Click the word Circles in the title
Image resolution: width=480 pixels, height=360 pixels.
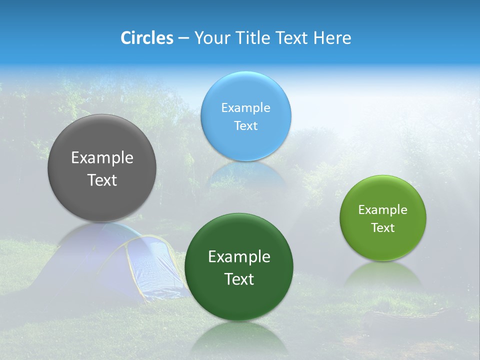tap(146, 38)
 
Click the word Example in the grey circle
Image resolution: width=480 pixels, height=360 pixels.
tap(102, 158)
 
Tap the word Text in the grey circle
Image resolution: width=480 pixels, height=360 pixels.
tap(102, 180)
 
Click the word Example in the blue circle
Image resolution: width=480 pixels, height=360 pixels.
tap(245, 108)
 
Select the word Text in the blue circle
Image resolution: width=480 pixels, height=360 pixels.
tap(245, 126)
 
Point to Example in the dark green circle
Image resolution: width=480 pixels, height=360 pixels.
tap(239, 257)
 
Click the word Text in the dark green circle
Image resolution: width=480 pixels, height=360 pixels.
tap(239, 279)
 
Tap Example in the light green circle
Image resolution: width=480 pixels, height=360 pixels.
tap(383, 210)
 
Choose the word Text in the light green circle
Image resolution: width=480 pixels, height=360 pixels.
tap(383, 228)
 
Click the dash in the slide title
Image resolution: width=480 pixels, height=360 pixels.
tap(183, 38)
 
